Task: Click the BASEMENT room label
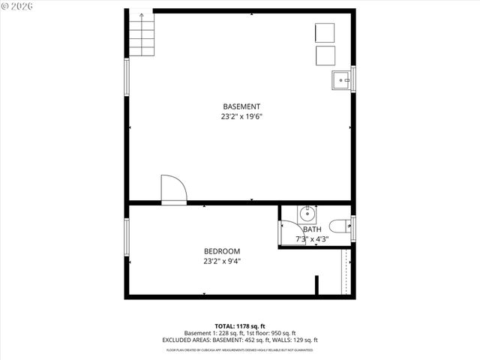coord(241,106)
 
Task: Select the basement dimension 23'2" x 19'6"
coord(241,117)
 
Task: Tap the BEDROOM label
coord(222,251)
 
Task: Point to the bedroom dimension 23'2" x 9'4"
coord(222,262)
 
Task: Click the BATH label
coord(312,229)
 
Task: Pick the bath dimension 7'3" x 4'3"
coord(312,239)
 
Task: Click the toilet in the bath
coord(338,226)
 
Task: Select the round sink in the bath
coord(307,213)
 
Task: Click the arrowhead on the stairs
coord(140,15)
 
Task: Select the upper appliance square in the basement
coord(325,33)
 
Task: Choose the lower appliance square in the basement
coord(325,55)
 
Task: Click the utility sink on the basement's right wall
coord(342,78)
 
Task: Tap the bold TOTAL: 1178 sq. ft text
coord(241,326)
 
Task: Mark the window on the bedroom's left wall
coord(127,234)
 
